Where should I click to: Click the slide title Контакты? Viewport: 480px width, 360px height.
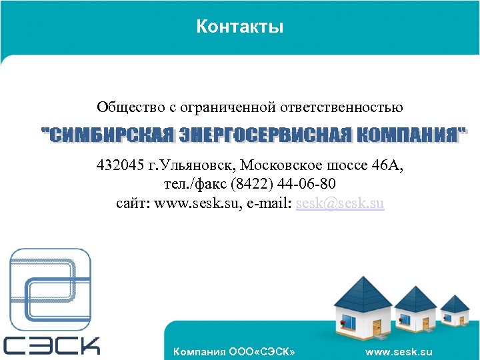tap(240, 27)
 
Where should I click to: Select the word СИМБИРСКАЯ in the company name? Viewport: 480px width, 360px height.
tap(111, 134)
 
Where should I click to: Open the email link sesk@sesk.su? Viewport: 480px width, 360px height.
tap(340, 203)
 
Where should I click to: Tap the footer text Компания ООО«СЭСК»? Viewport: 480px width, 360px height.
tap(233, 351)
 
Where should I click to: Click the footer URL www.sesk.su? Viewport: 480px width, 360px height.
tap(399, 351)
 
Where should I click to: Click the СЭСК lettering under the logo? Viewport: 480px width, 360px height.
tap(51, 345)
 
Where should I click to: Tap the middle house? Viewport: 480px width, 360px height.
tap(415, 310)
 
